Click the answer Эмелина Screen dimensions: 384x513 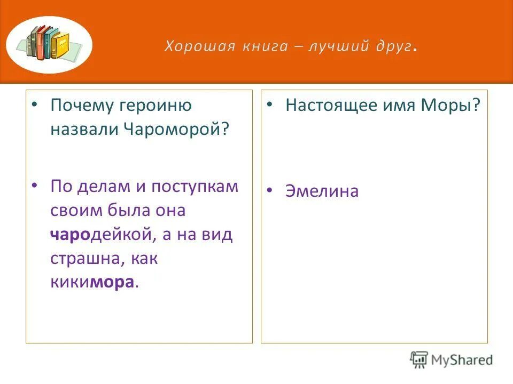click(x=322, y=191)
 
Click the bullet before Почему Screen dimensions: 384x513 click(x=35, y=105)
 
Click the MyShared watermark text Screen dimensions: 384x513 click(x=461, y=359)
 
